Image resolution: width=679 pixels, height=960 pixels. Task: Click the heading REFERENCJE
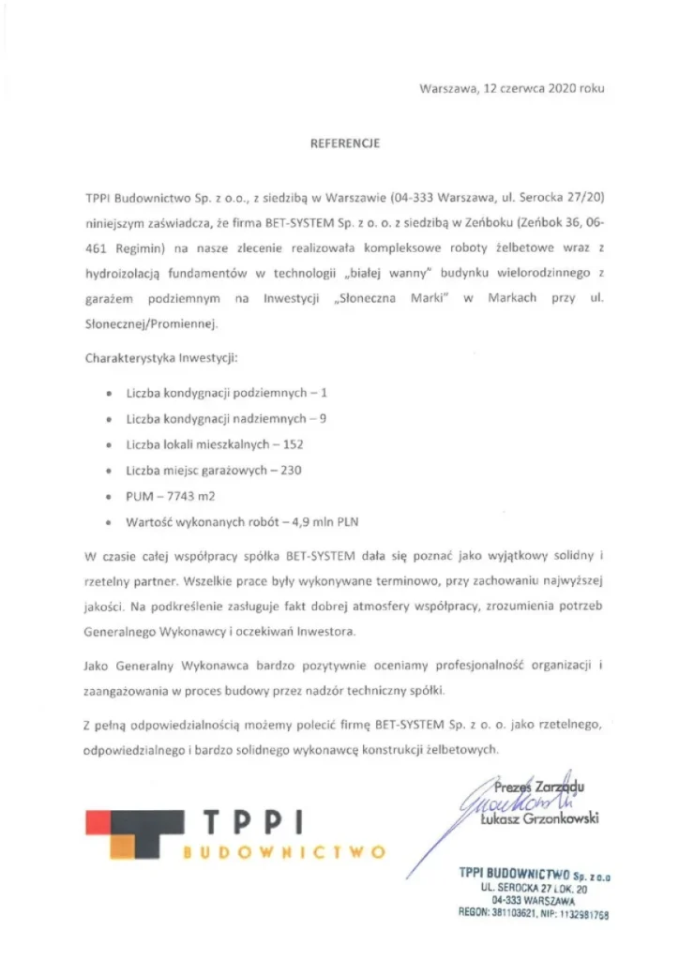pos(344,143)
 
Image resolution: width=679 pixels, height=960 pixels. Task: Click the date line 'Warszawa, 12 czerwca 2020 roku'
pos(511,88)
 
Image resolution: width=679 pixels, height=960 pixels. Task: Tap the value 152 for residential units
pos(293,444)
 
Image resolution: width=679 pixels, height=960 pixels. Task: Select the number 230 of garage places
pos(291,471)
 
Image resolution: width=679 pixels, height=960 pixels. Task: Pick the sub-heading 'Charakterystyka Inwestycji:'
pos(161,358)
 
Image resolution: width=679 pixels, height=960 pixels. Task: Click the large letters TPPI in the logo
pos(256,822)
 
